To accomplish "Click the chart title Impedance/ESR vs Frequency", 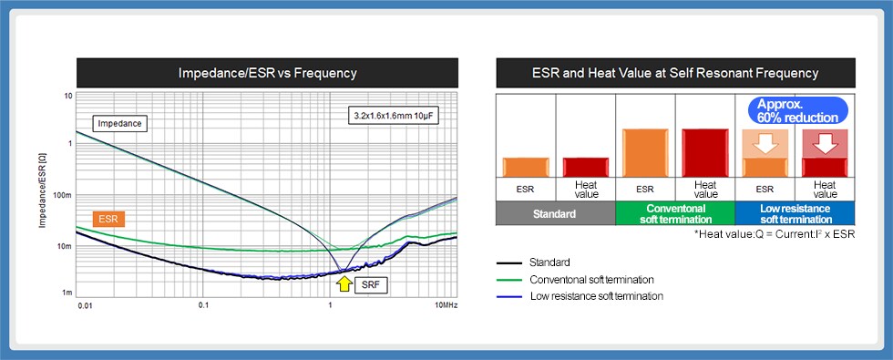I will [x=266, y=72].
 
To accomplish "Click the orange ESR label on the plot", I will [x=108, y=219].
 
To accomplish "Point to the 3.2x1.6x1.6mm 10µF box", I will [x=392, y=116].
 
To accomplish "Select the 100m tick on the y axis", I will [x=63, y=195].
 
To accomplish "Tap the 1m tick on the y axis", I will [x=66, y=294].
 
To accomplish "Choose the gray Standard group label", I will [x=555, y=214].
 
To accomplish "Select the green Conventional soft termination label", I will [x=674, y=214].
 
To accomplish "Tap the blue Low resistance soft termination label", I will [x=795, y=214].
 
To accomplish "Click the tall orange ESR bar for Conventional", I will [x=644, y=152].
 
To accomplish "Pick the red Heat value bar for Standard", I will [x=586, y=167].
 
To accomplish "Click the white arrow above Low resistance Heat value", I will [x=826, y=144].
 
